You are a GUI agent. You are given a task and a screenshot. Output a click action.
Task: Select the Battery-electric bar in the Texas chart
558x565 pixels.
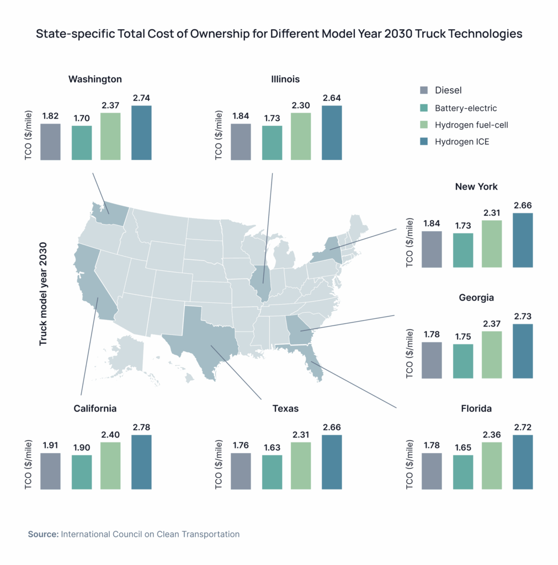pyautogui.click(x=272, y=472)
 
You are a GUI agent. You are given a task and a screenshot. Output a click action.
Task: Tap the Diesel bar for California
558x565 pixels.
pyautogui.click(x=50, y=471)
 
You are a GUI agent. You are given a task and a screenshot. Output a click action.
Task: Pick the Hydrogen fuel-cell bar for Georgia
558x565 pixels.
pyautogui.click(x=492, y=354)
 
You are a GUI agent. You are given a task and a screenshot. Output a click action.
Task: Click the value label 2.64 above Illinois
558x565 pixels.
pyautogui.click(x=331, y=98)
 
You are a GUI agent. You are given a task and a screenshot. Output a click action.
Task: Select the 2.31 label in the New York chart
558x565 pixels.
pyautogui.click(x=492, y=212)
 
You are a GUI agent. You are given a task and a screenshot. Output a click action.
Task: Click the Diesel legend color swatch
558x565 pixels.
pyautogui.click(x=423, y=90)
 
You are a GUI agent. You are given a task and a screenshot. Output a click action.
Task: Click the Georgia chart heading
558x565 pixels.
pyautogui.click(x=476, y=297)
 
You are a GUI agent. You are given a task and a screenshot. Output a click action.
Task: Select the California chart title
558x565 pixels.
pyautogui.click(x=95, y=409)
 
